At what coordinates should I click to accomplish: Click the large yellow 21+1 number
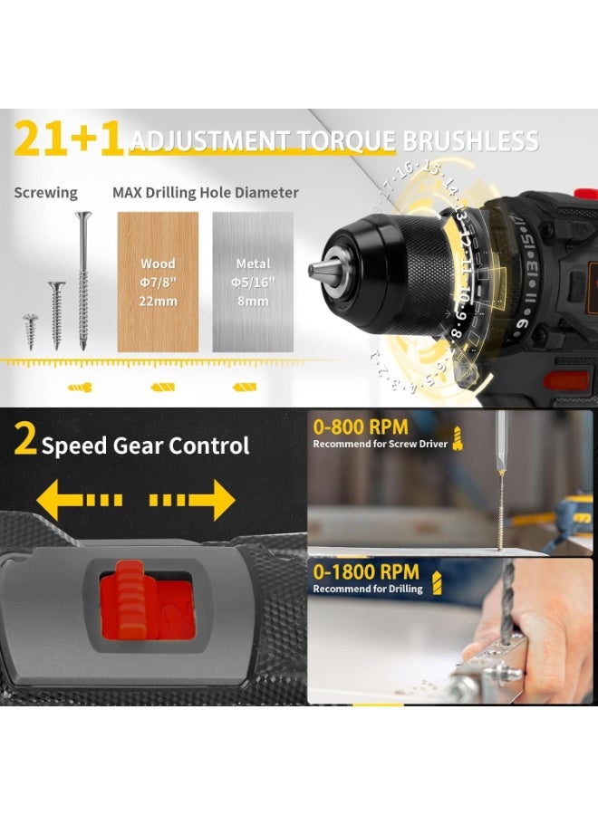67,139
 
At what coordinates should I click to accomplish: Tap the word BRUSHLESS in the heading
470,141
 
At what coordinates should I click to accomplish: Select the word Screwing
45,192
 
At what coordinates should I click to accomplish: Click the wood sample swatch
158,282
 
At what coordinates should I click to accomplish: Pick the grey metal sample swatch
253,282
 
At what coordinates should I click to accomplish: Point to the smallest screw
28,331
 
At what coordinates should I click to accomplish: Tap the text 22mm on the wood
158,301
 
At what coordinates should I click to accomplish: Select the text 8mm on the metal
254,301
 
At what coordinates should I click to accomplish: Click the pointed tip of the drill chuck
313,270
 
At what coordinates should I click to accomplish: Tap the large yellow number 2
25,443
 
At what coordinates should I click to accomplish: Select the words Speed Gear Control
145,446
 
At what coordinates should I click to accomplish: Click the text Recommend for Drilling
368,589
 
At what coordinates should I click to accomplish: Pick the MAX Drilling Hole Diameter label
206,192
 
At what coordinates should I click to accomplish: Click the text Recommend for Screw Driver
381,444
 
